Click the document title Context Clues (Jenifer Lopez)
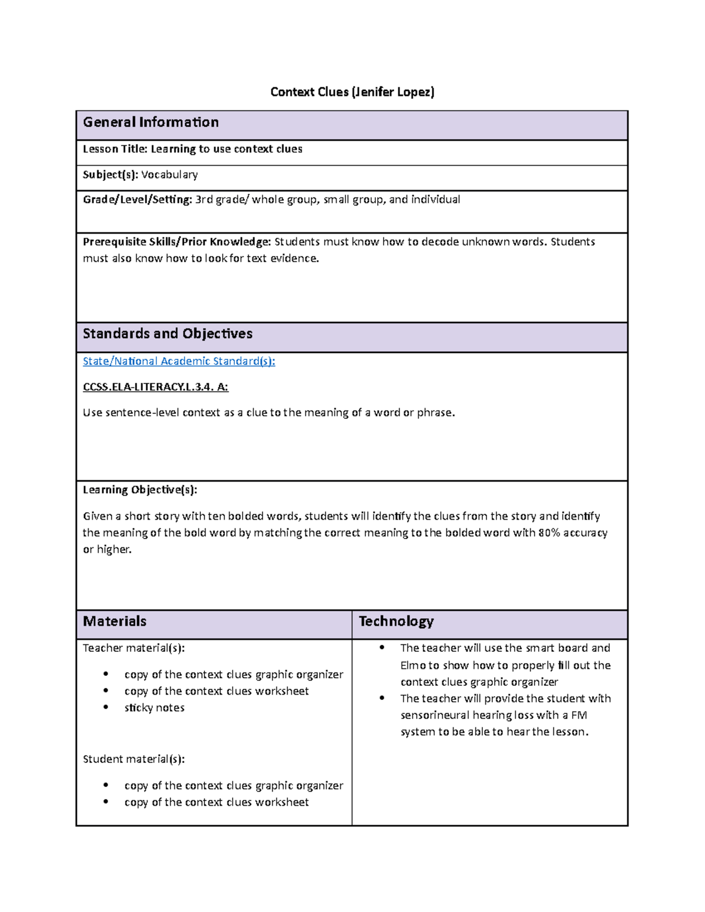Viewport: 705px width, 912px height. click(352, 92)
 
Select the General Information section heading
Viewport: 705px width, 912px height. click(151, 122)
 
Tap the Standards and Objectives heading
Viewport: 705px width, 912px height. click(167, 334)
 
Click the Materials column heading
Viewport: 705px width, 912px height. click(115, 621)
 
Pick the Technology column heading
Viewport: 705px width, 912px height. click(396, 621)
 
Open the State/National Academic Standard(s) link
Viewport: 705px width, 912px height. click(179, 361)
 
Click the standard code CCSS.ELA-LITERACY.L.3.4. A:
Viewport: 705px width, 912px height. click(156, 387)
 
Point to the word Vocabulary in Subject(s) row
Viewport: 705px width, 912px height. click(169, 174)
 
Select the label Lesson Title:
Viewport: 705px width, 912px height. click(115, 149)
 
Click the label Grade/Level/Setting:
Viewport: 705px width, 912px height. click(137, 200)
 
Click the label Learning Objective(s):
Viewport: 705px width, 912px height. click(140, 490)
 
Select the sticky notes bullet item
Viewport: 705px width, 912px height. click(155, 708)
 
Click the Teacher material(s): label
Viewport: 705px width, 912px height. click(134, 648)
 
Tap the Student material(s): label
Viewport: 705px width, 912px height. click(134, 759)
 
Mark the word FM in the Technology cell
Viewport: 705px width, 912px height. click(579, 715)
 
